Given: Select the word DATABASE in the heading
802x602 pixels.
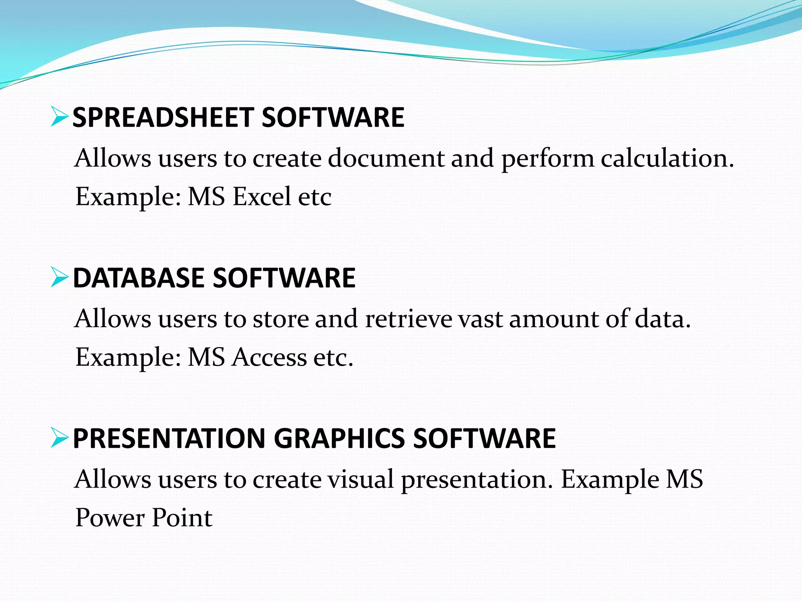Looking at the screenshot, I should tap(139, 278).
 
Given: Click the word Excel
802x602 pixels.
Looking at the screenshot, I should tap(262, 196).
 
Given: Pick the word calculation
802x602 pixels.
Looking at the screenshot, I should tap(667, 158).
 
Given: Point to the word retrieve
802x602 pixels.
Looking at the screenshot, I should tap(408, 319).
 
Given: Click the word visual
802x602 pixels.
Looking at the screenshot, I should tap(361, 479).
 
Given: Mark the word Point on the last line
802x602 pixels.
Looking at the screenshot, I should tap(182, 518).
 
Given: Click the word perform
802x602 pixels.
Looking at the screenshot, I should tap(548, 159).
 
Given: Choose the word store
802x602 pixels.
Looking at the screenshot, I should tap(281, 319).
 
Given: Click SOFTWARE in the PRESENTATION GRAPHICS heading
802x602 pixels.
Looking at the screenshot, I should tap(484, 438).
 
